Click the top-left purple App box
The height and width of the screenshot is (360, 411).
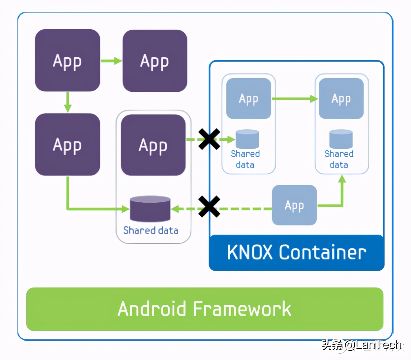[x=67, y=60]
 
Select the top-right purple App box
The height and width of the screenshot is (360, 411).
[x=155, y=61]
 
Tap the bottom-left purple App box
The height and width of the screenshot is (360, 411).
[x=67, y=144]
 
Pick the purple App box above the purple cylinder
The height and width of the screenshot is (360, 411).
[x=153, y=145]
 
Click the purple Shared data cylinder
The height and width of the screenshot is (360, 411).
[x=150, y=209]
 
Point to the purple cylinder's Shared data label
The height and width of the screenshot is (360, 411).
[x=150, y=230]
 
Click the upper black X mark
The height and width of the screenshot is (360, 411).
[x=209, y=139]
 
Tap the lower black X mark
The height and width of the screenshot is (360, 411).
[x=209, y=207]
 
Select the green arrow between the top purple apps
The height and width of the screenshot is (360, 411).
[x=111, y=61]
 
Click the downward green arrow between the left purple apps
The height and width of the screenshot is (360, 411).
[x=68, y=102]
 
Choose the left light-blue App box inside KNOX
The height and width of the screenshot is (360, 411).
[x=248, y=98]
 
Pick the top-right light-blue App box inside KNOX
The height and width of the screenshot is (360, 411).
[x=341, y=98]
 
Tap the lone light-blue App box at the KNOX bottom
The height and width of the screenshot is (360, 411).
[x=294, y=205]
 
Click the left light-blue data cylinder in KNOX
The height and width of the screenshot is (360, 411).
[x=247, y=139]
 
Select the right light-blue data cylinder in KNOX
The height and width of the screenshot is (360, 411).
[x=341, y=139]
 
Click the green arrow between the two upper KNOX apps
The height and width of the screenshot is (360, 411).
[x=295, y=99]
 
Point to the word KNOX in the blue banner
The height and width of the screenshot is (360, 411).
[x=250, y=252]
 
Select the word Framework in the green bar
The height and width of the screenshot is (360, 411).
[x=242, y=309]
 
